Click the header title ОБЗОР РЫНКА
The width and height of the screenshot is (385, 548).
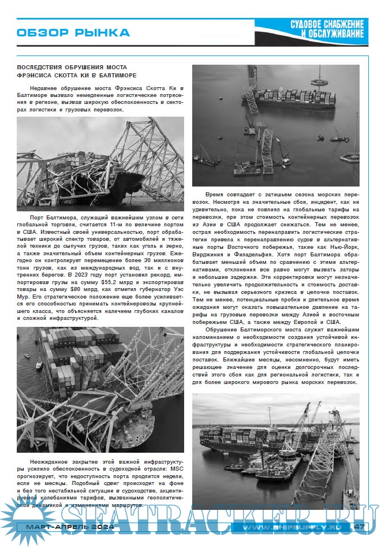coord(73,33)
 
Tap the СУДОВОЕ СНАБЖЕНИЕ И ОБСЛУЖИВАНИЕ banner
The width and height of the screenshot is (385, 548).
coord(327,30)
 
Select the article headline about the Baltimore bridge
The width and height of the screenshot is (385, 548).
coord(77,72)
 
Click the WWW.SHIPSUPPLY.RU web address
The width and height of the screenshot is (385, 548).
coord(291,527)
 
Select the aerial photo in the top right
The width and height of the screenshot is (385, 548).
coord(275,120)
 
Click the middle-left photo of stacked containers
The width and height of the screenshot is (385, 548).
coord(100,389)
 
